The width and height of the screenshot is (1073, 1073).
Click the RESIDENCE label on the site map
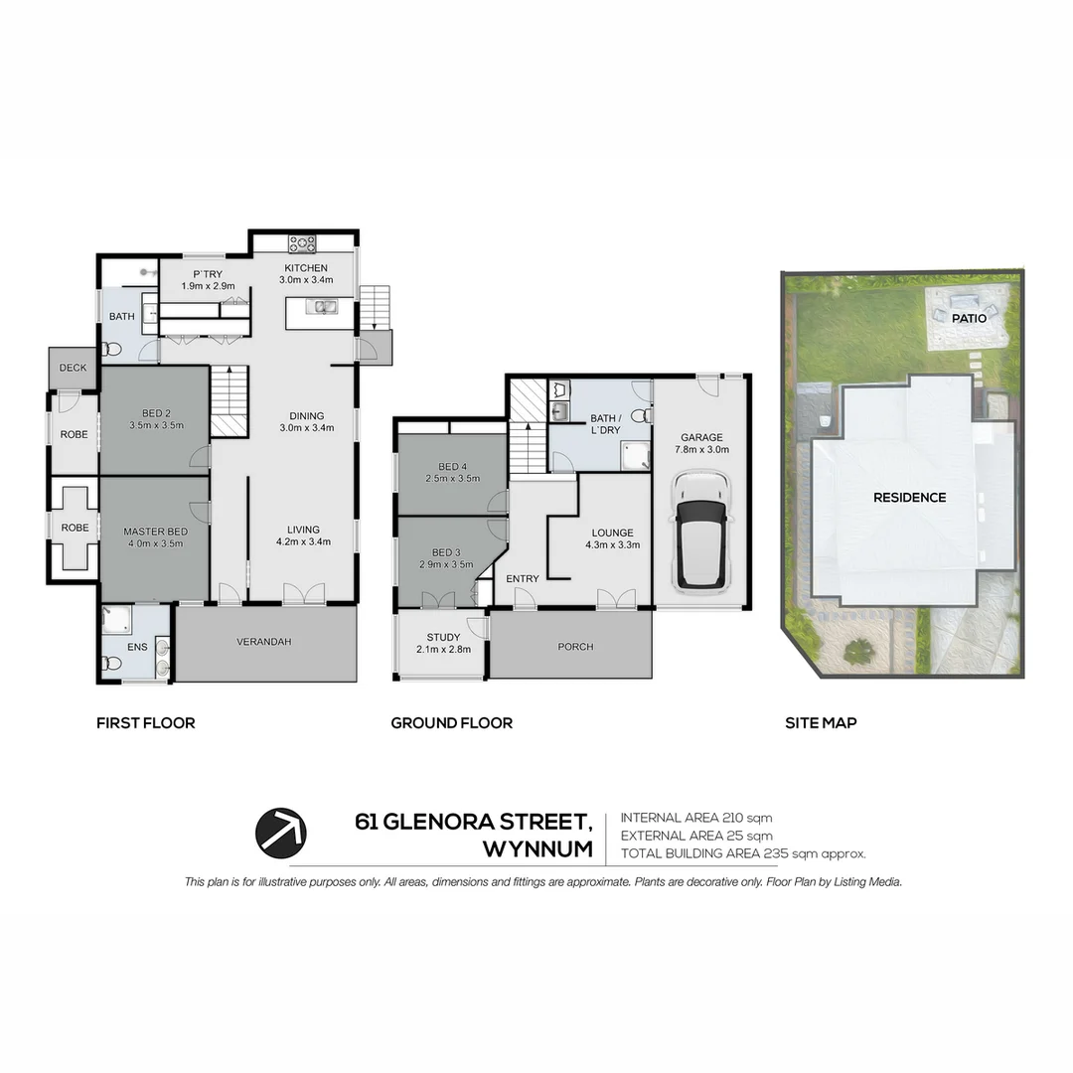click(x=909, y=497)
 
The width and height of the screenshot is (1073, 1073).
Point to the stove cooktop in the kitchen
click(x=301, y=243)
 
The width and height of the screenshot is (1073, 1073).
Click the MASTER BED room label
click(x=155, y=532)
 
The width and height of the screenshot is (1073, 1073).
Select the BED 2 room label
click(x=157, y=412)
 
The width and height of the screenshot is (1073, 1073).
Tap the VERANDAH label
click(x=264, y=642)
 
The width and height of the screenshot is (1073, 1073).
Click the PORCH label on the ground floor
click(x=575, y=647)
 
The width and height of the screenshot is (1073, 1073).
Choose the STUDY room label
click(x=443, y=637)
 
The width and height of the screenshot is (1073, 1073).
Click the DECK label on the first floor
click(x=73, y=368)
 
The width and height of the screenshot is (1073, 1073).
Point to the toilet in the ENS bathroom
click(x=112, y=662)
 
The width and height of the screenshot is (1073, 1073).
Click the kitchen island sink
click(x=321, y=307)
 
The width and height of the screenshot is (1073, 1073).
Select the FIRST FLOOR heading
click(x=145, y=723)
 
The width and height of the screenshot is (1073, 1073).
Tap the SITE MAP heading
click(x=821, y=723)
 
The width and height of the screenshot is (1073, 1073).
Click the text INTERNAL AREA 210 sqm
click(x=696, y=818)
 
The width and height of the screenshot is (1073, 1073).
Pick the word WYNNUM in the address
click(x=536, y=850)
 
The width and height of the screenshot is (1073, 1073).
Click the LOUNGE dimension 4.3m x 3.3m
click(x=613, y=544)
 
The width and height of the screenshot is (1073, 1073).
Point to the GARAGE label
click(x=701, y=437)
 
